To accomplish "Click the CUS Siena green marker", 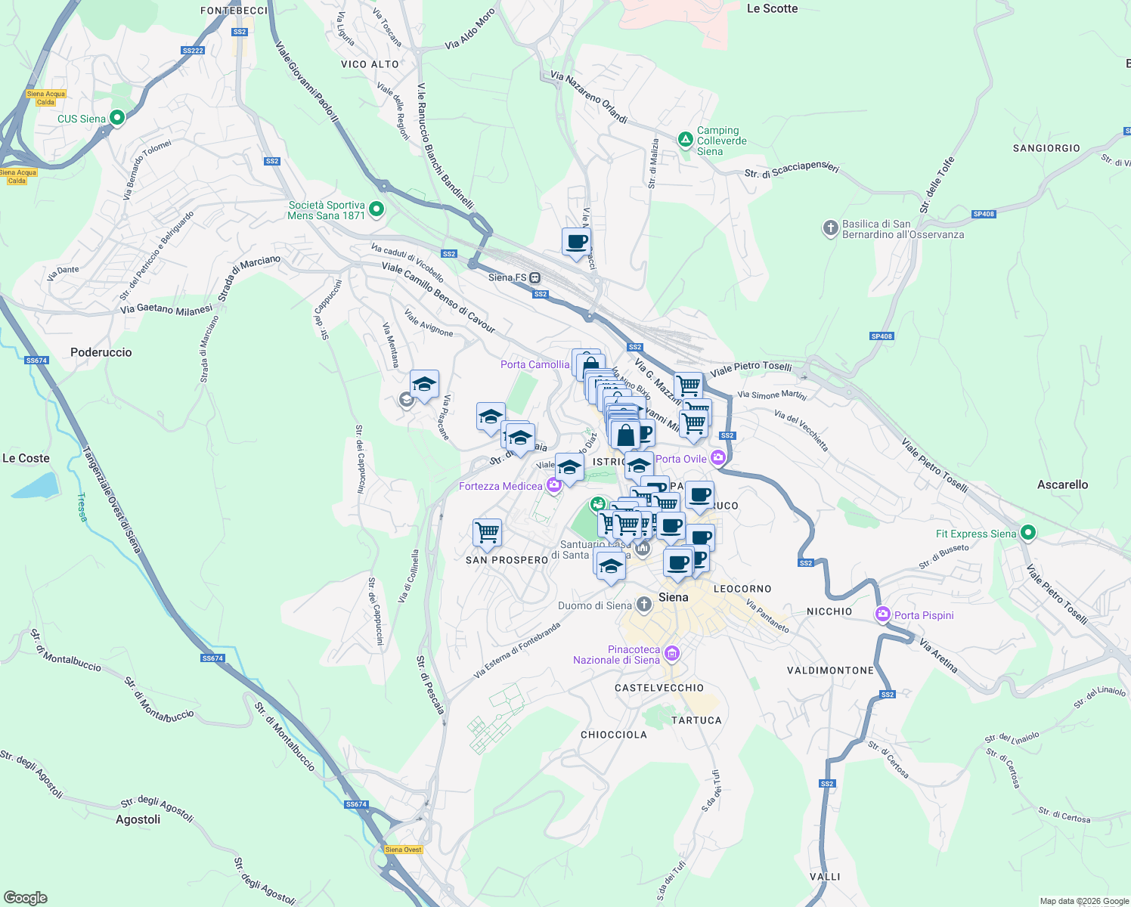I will pyautogui.click(x=117, y=118).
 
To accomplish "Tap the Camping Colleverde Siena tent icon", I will pyautogui.click(x=685, y=140).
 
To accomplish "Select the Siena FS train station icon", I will pyautogui.click(x=535, y=277).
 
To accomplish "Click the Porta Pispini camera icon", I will pyautogui.click(x=882, y=614).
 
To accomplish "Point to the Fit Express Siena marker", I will pyautogui.click(x=1027, y=533).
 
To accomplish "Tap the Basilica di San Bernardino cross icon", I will pyautogui.click(x=830, y=228).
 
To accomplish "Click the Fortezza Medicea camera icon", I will pyautogui.click(x=554, y=485).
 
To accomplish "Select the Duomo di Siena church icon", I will pyautogui.click(x=643, y=605).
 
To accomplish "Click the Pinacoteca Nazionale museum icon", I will pyautogui.click(x=672, y=654).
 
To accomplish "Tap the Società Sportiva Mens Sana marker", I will pyautogui.click(x=376, y=209).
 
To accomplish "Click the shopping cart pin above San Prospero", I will pyautogui.click(x=487, y=532).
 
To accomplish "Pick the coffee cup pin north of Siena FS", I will pyautogui.click(x=576, y=243).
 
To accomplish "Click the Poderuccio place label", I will pyautogui.click(x=101, y=352).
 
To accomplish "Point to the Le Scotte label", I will pyautogui.click(x=772, y=9).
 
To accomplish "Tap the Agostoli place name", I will pyautogui.click(x=138, y=819).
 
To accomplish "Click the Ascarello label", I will pyautogui.click(x=1062, y=484).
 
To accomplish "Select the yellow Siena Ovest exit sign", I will pyautogui.click(x=403, y=850).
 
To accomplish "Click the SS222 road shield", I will pyautogui.click(x=193, y=51).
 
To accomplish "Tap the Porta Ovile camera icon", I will pyautogui.click(x=717, y=457).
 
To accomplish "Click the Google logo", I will pyautogui.click(x=25, y=897).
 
